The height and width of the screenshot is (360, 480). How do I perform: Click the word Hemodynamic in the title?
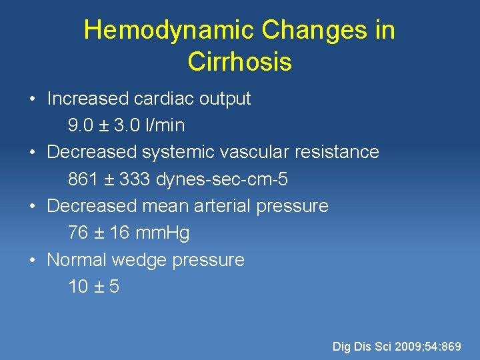(x=169, y=30)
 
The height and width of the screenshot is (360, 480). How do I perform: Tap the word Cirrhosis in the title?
(x=239, y=62)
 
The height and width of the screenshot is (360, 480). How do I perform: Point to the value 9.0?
(x=81, y=125)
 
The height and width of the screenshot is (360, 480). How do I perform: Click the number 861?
(x=83, y=179)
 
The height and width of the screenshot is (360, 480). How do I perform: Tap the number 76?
(x=78, y=233)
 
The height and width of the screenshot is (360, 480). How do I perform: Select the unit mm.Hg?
(x=162, y=233)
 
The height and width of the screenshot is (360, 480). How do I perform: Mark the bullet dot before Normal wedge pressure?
(x=32, y=260)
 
